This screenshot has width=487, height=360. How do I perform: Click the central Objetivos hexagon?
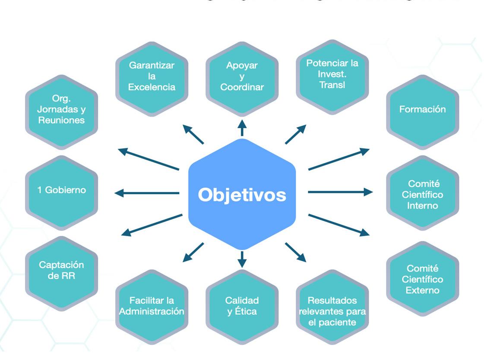(x=242, y=194)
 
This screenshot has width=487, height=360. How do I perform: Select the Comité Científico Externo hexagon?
(x=422, y=278)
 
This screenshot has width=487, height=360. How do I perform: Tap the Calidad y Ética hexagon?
(x=242, y=306)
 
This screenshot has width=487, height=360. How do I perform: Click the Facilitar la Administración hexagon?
(x=152, y=306)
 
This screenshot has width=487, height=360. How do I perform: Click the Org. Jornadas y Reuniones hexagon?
(x=61, y=112)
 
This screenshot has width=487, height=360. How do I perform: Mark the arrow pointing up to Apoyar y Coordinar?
(x=242, y=128)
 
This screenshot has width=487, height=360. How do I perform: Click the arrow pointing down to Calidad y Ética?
(x=242, y=259)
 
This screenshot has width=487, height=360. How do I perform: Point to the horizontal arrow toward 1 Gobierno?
(x=147, y=193)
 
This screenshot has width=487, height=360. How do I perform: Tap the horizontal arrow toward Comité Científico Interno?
(x=340, y=192)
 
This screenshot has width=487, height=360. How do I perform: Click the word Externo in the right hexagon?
(x=422, y=290)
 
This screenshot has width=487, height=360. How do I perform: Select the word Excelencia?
(x=152, y=87)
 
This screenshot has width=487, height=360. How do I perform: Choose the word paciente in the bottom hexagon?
(x=332, y=322)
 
